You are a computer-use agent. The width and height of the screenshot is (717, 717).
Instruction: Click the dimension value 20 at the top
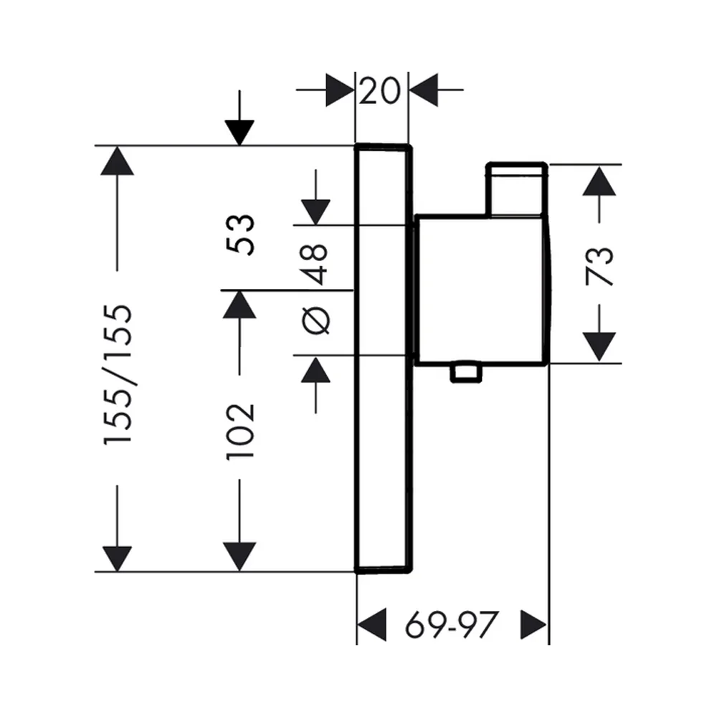(x=379, y=90)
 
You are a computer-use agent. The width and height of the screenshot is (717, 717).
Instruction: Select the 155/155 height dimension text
(x=118, y=374)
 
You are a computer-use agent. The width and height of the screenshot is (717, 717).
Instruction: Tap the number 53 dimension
(x=240, y=234)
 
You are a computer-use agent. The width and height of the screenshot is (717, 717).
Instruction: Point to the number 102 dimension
(x=240, y=431)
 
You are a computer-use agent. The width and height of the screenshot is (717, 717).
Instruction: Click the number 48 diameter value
(x=315, y=265)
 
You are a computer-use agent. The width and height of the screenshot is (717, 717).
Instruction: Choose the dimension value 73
(x=599, y=266)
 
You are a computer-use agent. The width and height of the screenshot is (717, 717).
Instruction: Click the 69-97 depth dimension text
(x=451, y=625)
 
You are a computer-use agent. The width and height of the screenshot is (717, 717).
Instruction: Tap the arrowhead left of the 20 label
(x=340, y=90)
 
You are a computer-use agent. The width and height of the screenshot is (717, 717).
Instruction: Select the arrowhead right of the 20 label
(x=424, y=90)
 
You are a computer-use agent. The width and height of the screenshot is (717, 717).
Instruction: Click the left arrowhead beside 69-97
(x=371, y=625)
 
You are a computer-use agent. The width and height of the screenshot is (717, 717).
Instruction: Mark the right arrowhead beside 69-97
(x=533, y=625)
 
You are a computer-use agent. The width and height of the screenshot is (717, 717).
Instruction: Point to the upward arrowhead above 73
(x=599, y=181)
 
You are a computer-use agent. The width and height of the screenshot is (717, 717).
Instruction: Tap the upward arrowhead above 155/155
(x=118, y=161)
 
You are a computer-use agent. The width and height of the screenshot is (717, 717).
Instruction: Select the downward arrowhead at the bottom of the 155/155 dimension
(x=118, y=559)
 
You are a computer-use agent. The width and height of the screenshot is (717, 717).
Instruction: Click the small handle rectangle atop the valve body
(x=517, y=189)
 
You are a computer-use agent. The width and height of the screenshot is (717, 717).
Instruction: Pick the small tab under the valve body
(x=465, y=373)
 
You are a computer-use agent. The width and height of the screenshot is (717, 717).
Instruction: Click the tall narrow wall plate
(x=383, y=358)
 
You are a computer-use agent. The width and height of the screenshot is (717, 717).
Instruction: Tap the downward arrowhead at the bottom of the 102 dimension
(x=239, y=557)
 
